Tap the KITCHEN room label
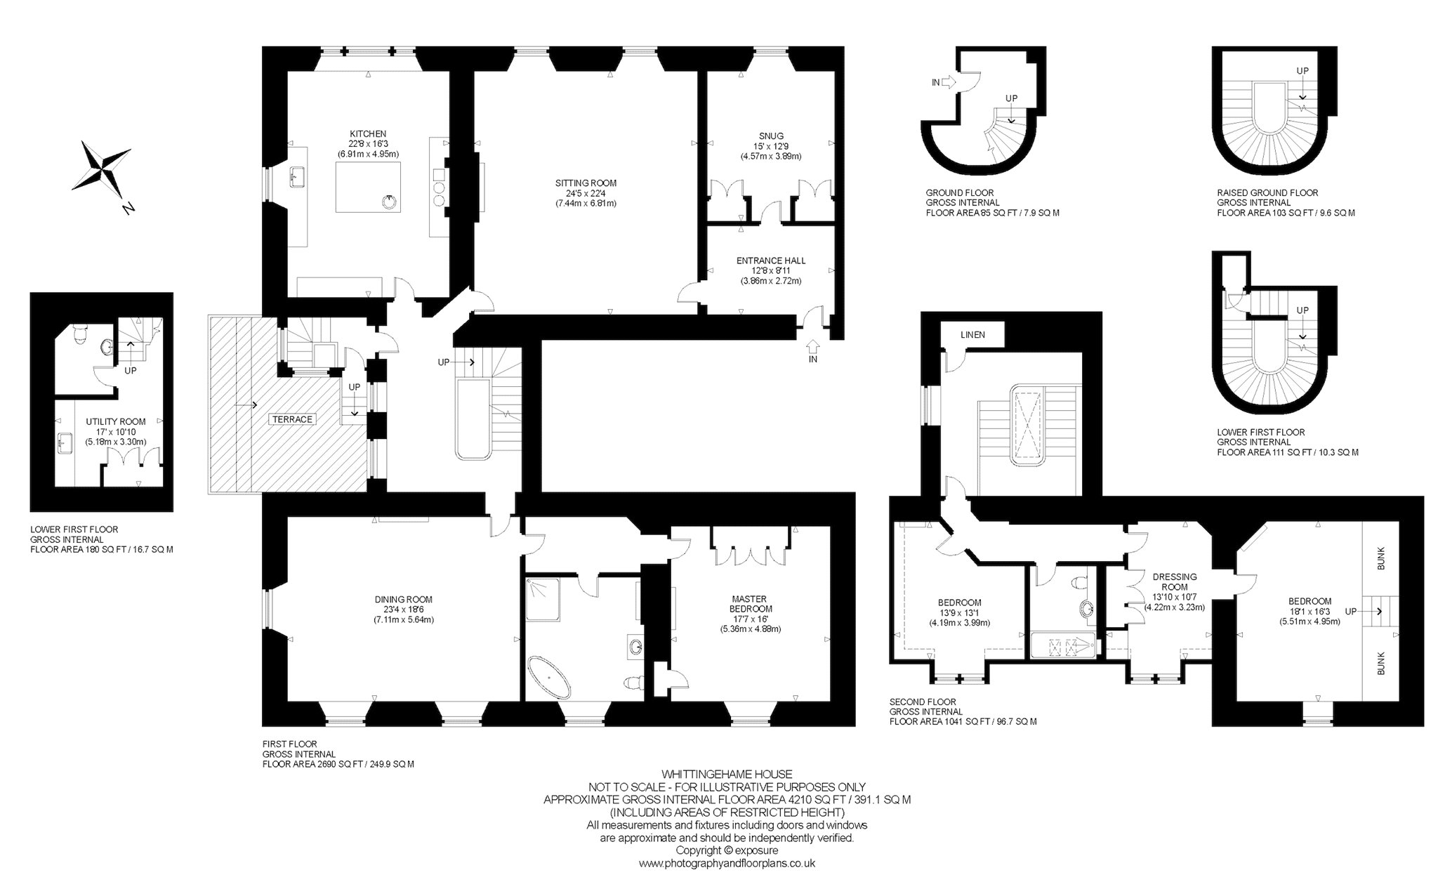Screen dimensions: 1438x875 (368, 133)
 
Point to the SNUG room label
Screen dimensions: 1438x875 (771, 136)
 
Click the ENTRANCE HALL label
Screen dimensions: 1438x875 (771, 261)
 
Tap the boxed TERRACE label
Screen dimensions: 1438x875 (293, 419)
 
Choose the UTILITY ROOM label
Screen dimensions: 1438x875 (116, 421)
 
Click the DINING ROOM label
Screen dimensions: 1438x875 (403, 600)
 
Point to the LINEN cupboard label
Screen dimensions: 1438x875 (973, 335)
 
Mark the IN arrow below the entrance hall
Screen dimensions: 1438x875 (814, 346)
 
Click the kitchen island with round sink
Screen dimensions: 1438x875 (369, 187)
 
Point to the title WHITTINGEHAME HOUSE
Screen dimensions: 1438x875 (727, 775)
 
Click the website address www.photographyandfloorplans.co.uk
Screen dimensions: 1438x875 (727, 863)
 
